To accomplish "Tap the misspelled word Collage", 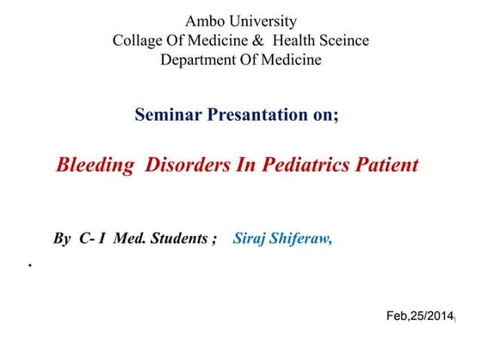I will (x=139, y=41).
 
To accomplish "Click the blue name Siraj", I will (x=250, y=239).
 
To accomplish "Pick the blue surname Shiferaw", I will (x=301, y=239).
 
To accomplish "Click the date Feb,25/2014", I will (x=419, y=317).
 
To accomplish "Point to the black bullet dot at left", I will (x=30, y=267).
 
